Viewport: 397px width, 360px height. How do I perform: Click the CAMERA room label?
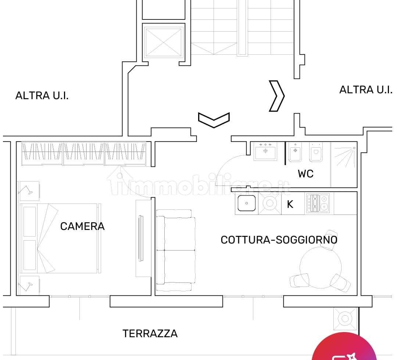(x=82, y=226)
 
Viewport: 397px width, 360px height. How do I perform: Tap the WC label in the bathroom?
(x=305, y=174)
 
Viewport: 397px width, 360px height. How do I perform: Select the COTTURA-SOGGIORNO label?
(x=279, y=240)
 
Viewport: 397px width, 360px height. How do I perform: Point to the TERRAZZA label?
(x=150, y=334)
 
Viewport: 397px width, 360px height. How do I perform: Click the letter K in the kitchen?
(x=290, y=205)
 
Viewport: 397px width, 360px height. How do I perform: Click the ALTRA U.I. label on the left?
(x=42, y=96)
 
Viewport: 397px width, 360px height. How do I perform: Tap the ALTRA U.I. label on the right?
(x=366, y=90)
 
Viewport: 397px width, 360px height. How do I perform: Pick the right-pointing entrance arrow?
(x=277, y=96)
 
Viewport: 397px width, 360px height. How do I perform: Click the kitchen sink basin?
(x=247, y=203)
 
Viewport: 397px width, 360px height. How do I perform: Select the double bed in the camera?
(x=61, y=238)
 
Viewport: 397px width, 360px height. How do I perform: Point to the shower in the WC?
(x=344, y=164)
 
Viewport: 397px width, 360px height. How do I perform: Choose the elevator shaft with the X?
(x=164, y=42)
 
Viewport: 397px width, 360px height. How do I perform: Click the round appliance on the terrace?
(x=345, y=318)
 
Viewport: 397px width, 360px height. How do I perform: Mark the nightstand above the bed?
(x=29, y=191)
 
